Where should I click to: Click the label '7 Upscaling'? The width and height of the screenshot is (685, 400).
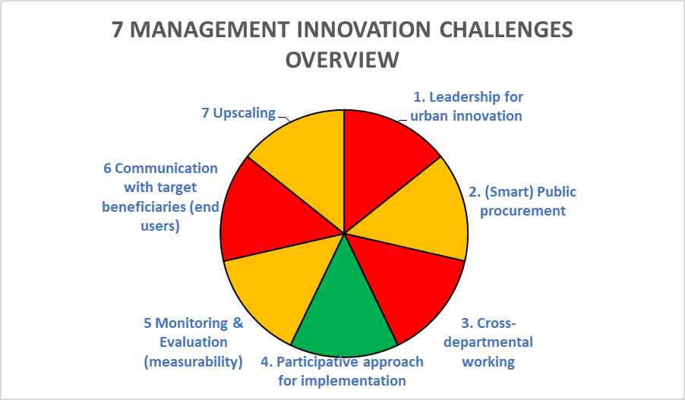click(238, 113)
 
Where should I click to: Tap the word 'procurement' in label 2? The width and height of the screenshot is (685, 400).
click(522, 210)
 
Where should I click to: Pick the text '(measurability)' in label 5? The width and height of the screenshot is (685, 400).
click(193, 361)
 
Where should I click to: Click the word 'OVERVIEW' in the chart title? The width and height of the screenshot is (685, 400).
click(342, 59)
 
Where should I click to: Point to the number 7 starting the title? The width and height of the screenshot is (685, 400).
click(117, 30)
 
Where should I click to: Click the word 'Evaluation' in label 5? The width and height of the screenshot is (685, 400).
click(193, 342)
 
